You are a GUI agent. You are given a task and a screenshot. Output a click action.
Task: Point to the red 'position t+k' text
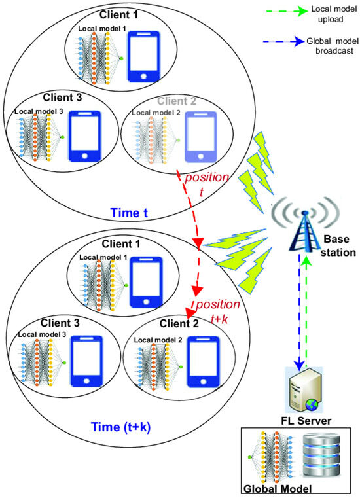point(219,310)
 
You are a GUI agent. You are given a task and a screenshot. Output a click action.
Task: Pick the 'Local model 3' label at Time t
point(39,112)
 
